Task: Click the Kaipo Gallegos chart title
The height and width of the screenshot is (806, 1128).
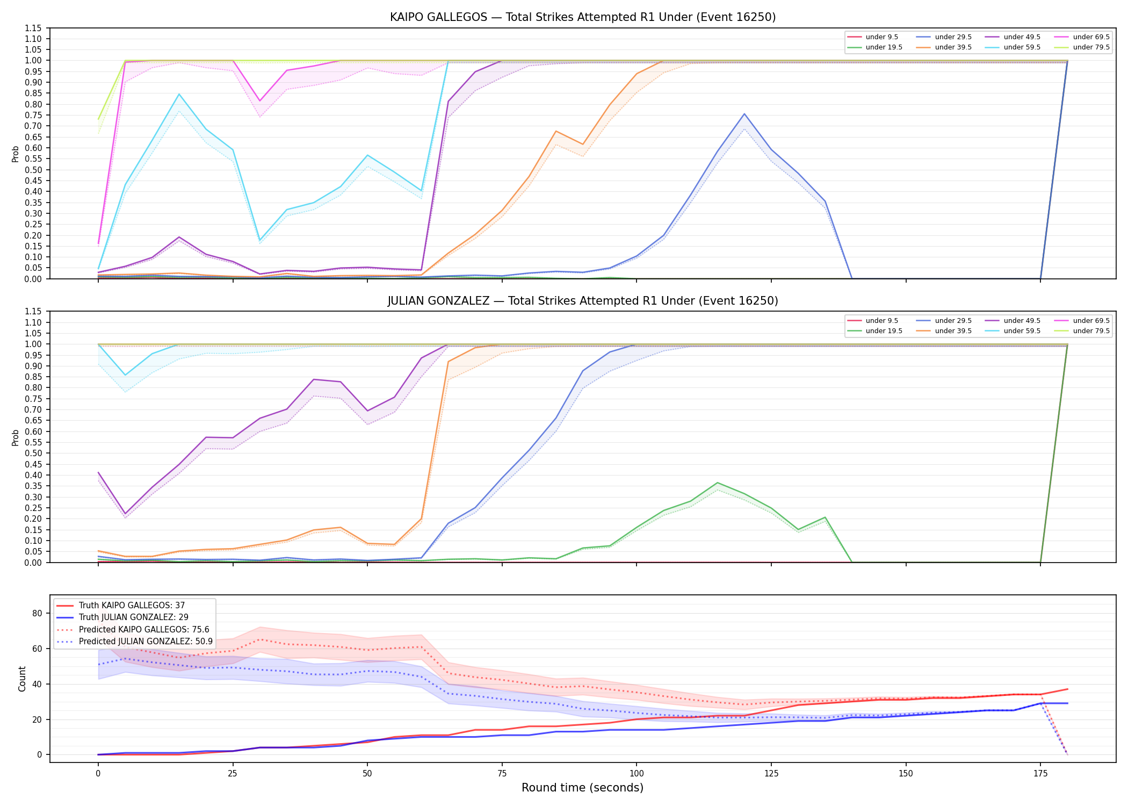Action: (583, 17)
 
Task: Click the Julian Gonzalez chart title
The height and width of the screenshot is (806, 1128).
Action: (583, 301)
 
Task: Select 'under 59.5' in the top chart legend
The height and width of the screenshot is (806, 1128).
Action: (1022, 47)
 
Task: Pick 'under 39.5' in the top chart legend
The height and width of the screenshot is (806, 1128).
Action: (953, 47)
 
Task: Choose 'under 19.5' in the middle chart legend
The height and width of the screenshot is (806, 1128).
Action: (884, 331)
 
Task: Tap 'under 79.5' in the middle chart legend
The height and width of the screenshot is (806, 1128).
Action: (1091, 331)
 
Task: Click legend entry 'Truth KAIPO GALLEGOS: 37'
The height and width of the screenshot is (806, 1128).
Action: (132, 606)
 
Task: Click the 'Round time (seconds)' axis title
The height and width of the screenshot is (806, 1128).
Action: (582, 788)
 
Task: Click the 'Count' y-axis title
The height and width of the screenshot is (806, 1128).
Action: (22, 679)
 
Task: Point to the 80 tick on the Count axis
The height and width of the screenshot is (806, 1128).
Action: (37, 613)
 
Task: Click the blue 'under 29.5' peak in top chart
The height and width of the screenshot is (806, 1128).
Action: (744, 114)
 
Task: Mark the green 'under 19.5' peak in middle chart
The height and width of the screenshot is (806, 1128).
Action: (717, 483)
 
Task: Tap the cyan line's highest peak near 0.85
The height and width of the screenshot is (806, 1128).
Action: (179, 94)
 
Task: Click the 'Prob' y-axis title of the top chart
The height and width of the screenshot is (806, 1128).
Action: (16, 154)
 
